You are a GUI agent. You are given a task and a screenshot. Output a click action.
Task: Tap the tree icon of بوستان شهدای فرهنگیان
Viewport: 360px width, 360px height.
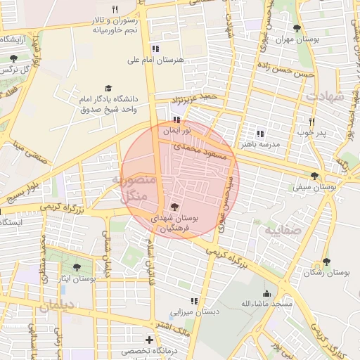[174, 207]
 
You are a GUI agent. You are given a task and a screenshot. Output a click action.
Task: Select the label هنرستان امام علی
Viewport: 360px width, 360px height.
[155, 60]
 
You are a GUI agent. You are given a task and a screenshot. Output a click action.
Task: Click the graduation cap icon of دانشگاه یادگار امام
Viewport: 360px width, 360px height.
[108, 88]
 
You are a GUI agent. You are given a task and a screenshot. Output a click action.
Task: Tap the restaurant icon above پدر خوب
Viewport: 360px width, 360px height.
[311, 122]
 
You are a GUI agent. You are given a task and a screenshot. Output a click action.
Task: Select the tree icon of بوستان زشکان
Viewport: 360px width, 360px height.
[326, 262]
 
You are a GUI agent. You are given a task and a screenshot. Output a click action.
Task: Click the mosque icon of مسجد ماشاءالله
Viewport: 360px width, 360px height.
[266, 293]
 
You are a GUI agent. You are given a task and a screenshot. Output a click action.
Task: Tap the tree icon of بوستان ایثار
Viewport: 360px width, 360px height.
[76, 266]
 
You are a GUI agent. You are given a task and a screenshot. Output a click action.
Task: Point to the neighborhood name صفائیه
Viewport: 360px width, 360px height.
[283, 229]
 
